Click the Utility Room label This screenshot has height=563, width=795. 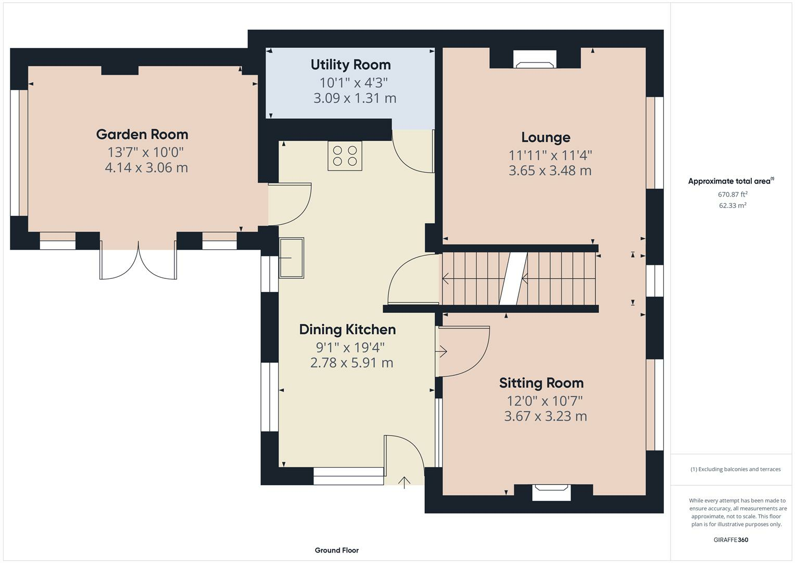click(x=351, y=65)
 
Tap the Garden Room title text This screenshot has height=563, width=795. click(x=142, y=134)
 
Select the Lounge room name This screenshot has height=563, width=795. click(x=546, y=138)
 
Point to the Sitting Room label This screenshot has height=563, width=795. click(x=541, y=383)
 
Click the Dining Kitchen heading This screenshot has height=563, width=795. click(x=347, y=329)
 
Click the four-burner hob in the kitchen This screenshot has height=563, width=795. click(x=345, y=156)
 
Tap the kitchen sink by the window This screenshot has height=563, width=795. click(x=292, y=258)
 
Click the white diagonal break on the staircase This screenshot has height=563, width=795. click(x=513, y=279)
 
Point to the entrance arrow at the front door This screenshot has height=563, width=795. click(x=404, y=483)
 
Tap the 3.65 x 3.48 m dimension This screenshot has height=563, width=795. click(x=550, y=170)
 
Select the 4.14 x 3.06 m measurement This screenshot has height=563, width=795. click(x=146, y=168)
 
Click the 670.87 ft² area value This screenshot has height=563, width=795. click(x=733, y=194)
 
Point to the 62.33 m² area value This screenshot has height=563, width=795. click(x=733, y=205)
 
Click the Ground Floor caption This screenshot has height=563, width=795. click(x=337, y=550)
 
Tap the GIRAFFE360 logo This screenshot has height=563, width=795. click(x=731, y=540)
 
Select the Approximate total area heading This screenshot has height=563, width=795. click(x=731, y=181)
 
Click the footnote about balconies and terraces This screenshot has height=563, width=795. click(x=736, y=469)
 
